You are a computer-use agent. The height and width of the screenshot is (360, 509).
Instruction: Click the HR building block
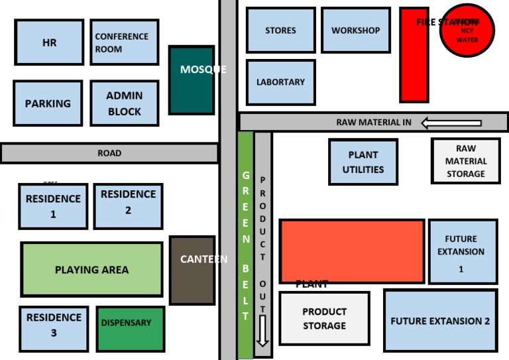[x=49, y=42]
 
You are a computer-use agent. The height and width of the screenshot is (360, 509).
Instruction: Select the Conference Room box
[x=124, y=42]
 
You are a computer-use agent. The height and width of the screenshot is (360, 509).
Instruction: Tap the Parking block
[x=48, y=103]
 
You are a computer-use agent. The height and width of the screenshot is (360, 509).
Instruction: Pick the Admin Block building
[x=125, y=103]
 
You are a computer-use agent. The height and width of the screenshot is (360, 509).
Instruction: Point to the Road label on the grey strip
[x=109, y=153]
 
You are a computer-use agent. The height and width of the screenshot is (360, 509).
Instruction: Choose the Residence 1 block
[x=53, y=206]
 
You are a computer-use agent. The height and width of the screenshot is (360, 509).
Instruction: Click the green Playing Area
[x=91, y=269]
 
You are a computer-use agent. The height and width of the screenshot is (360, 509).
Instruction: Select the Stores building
[x=280, y=30]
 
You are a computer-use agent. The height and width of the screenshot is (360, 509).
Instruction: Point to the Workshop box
[x=356, y=30]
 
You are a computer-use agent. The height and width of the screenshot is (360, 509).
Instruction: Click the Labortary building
[x=280, y=82]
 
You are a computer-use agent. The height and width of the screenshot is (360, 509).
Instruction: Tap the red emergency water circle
[x=469, y=31]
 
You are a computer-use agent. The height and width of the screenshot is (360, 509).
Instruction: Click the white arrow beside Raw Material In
[x=451, y=123]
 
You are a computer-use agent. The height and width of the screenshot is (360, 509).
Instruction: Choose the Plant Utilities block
[x=363, y=162]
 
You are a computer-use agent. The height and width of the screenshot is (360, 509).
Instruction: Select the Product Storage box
[x=324, y=319]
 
